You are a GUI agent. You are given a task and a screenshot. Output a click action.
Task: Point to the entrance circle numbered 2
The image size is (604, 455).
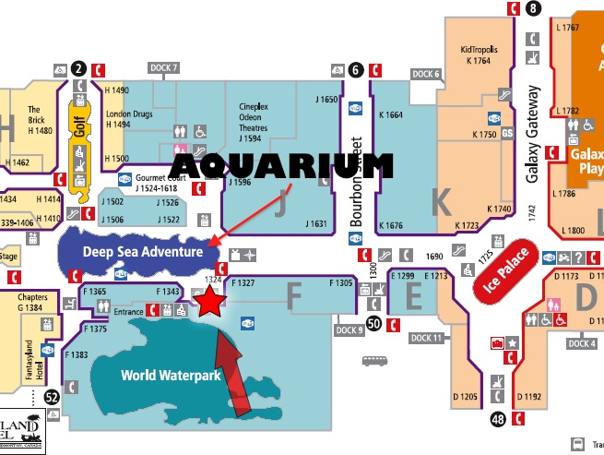(79, 67)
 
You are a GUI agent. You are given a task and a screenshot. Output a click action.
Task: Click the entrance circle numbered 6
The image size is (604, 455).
(357, 67)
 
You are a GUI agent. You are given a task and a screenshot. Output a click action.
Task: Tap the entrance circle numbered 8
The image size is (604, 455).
(533, 9)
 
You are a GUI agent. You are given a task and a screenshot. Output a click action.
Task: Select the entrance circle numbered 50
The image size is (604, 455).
(373, 323)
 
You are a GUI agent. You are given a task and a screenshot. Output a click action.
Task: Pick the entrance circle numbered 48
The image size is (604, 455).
(498, 420)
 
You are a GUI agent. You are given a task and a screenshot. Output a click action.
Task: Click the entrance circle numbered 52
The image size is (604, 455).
(52, 396)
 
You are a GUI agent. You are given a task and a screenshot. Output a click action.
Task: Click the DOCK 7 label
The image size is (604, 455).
(163, 67)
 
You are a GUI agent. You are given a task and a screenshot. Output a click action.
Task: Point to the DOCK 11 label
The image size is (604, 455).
(427, 338)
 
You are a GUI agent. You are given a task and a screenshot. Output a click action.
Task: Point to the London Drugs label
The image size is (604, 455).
(125, 120)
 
